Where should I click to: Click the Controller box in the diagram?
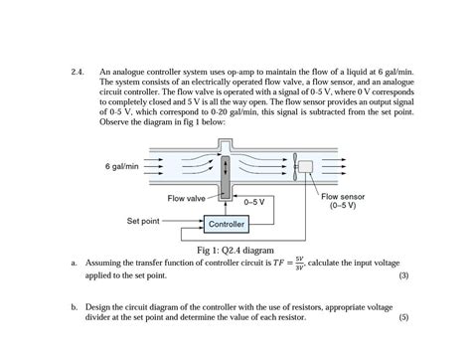pyautogui.click(x=226, y=225)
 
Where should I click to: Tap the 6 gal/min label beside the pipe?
pyautogui.click(x=121, y=166)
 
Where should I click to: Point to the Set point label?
pyautogui.click(x=143, y=220)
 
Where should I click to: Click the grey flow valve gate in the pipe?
pyautogui.click(x=227, y=174)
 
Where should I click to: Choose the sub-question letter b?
pyautogui.click(x=75, y=307)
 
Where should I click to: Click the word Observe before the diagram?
pyautogui.click(x=115, y=121)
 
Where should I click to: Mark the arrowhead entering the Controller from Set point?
pyautogui.click(x=200, y=225)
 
